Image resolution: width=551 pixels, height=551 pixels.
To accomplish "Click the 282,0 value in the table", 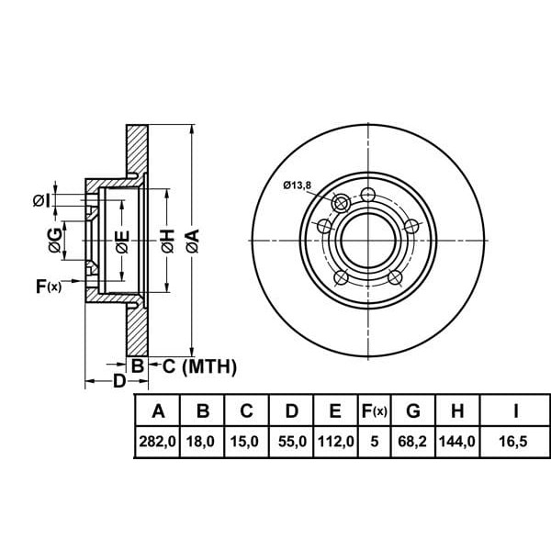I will coord(157,441).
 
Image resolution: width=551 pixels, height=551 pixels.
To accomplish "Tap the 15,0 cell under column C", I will coord(247,441).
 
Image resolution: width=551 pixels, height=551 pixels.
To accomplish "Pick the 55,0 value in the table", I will coord(291,441).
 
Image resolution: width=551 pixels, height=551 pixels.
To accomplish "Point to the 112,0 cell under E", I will coord(335,441).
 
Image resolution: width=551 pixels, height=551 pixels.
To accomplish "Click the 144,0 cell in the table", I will coord(456,441).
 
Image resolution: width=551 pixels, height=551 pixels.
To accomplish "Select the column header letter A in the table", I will coord(157,410).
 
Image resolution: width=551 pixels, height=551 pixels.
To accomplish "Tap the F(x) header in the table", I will coord(375,410).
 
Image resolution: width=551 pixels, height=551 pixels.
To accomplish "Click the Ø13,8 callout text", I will coord(297,186).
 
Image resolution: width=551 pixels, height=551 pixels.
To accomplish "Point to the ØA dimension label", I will coord(192,242).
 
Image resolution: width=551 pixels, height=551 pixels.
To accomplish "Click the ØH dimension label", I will coord(167,242).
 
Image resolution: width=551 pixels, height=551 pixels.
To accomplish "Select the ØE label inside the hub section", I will coord(120,242).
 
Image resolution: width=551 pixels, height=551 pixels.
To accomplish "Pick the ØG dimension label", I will coord(55,242).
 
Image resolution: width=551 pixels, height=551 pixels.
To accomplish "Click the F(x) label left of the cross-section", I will coord(48,287).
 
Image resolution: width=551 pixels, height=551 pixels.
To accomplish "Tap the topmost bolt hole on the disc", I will coord(368,194).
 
